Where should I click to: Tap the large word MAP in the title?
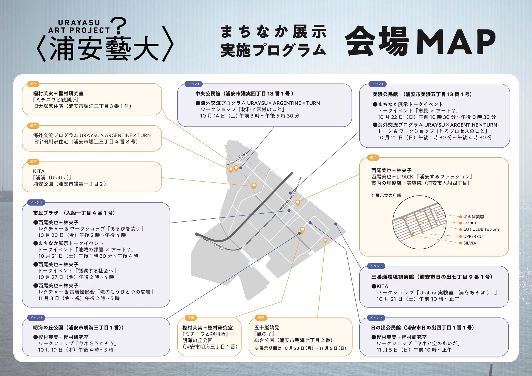click(x=456, y=41)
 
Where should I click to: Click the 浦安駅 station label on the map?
click(x=242, y=156)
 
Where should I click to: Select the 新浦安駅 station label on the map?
click(x=286, y=203)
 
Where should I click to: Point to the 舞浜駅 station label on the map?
click(x=219, y=246)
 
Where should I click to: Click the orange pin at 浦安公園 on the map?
click(x=254, y=185)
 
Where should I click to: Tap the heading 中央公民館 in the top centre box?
click(x=208, y=94)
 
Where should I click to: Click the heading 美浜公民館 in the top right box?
click(x=385, y=94)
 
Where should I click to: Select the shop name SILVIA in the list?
click(x=470, y=243)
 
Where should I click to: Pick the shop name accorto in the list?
click(x=470, y=223)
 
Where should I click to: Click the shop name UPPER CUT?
click(x=474, y=236)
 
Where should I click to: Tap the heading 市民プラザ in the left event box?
click(x=46, y=213)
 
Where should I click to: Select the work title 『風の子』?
click(x=265, y=334)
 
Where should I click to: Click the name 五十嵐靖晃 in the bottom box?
click(x=267, y=328)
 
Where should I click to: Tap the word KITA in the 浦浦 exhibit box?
click(x=39, y=171)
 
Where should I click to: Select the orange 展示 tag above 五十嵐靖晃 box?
click(x=261, y=318)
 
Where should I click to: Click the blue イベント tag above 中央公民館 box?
click(x=194, y=84)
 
